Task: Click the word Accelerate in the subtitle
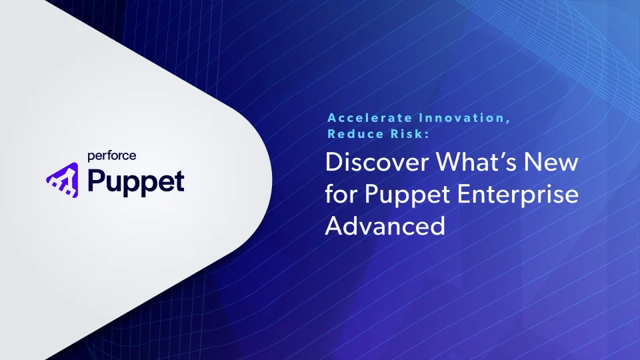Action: point(370,118)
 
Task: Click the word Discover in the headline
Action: point(377,162)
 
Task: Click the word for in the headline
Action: point(341,193)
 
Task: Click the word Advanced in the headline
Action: point(385,226)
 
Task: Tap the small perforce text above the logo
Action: point(112,156)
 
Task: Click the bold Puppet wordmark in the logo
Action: point(136,182)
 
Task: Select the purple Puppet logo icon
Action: point(63,180)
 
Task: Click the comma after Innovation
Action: point(508,121)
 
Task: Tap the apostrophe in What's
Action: point(501,155)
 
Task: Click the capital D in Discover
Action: point(334,162)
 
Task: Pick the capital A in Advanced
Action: point(334,226)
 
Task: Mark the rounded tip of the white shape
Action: point(271,179)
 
